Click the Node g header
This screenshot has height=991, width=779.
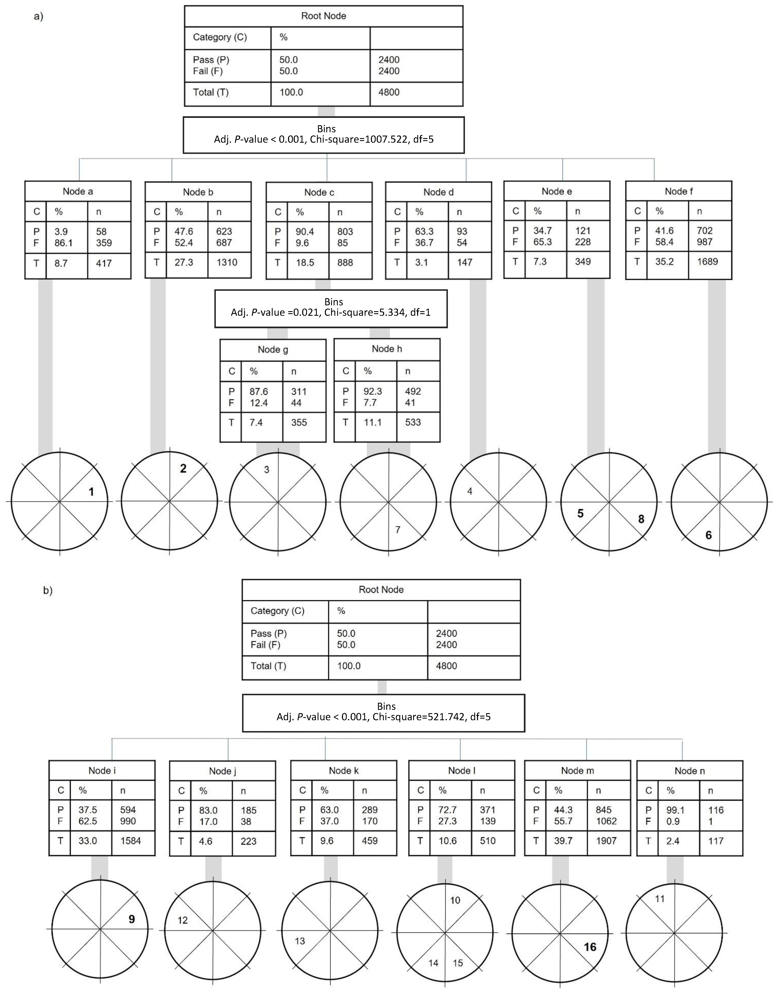click(x=273, y=350)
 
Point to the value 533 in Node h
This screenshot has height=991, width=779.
click(x=413, y=422)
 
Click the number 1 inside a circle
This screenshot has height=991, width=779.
click(x=91, y=492)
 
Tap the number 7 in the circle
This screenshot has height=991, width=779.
click(x=398, y=529)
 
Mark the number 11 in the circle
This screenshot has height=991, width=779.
click(x=660, y=899)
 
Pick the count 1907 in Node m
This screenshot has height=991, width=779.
click(x=606, y=841)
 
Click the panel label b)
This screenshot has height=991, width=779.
click(x=48, y=590)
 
